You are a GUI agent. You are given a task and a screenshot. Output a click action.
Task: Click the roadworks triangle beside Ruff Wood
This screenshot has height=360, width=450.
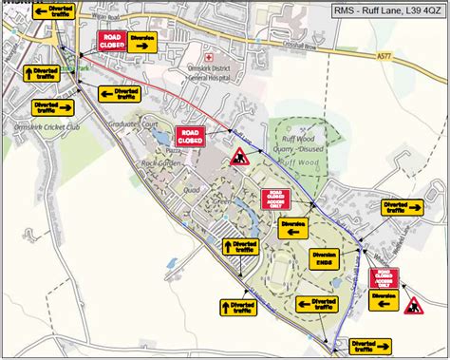pyautogui.click(x=237, y=156)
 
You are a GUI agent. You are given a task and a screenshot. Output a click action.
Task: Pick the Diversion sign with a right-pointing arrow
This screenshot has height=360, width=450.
pyautogui.click(x=142, y=42)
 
